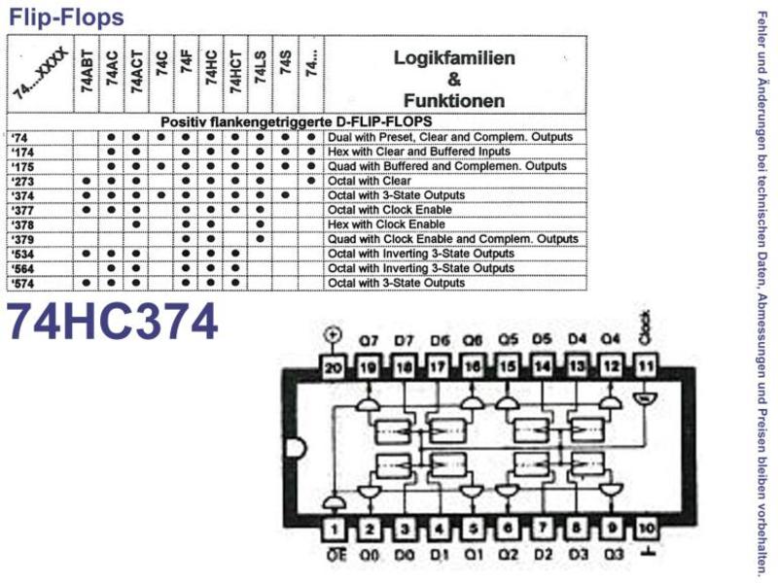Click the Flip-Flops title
click(x=66, y=17)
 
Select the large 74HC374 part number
click(x=114, y=322)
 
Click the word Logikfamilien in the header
click(x=454, y=57)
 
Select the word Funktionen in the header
click(x=454, y=100)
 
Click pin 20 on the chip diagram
click(x=335, y=367)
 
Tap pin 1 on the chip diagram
click(x=335, y=530)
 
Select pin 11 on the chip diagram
click(x=644, y=367)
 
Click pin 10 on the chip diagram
click(x=646, y=530)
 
